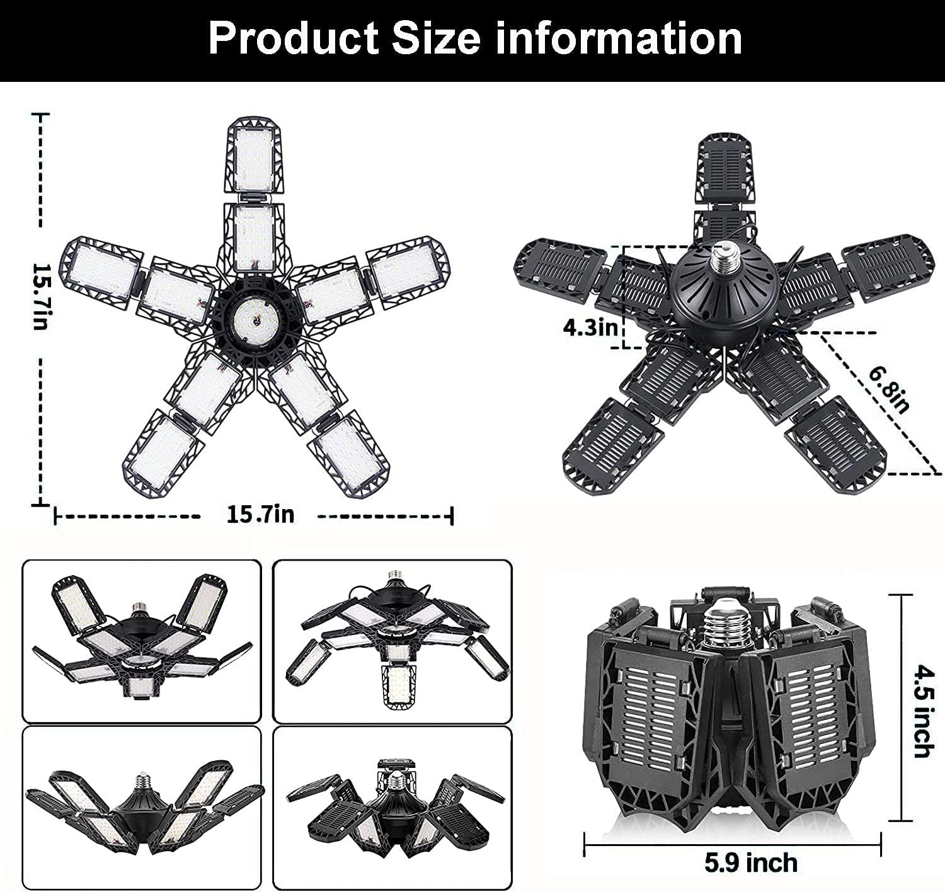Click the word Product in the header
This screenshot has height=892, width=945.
click(x=293, y=40)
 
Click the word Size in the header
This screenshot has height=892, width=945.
click(x=436, y=39)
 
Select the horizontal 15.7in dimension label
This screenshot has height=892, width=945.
click(x=260, y=515)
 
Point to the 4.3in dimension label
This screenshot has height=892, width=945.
click(x=590, y=328)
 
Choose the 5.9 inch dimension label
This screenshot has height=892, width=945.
click(x=751, y=862)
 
